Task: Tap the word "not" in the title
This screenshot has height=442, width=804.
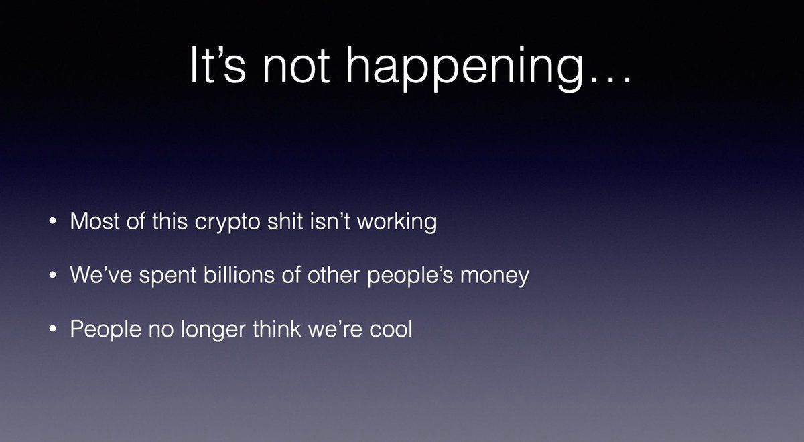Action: pyautogui.click(x=295, y=65)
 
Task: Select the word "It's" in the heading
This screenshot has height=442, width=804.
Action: pyautogui.click(x=218, y=65)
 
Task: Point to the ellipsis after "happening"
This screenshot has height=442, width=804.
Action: pyautogui.click(x=612, y=80)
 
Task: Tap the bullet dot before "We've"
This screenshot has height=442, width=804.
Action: pyautogui.click(x=53, y=274)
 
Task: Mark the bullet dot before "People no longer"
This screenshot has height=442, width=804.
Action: pyautogui.click(x=53, y=329)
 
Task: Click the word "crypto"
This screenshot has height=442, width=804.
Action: pyautogui.click(x=227, y=223)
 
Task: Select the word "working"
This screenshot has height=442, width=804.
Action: pyautogui.click(x=397, y=222)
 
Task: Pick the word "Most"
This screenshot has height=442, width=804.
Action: pyautogui.click(x=94, y=221)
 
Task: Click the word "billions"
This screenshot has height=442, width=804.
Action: pyautogui.click(x=239, y=275)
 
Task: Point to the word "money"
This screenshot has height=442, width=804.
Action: pyautogui.click(x=494, y=278)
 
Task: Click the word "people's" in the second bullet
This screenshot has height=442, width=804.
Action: pyautogui.click(x=410, y=276)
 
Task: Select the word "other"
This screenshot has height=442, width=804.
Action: pyautogui.click(x=334, y=275)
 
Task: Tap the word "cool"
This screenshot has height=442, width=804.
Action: pyautogui.click(x=391, y=329)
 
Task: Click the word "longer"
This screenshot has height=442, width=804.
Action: pyautogui.click(x=213, y=330)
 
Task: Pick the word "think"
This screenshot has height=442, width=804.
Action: pyautogui.click(x=277, y=329)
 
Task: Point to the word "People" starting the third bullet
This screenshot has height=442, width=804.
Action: pyautogui.click(x=106, y=330)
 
